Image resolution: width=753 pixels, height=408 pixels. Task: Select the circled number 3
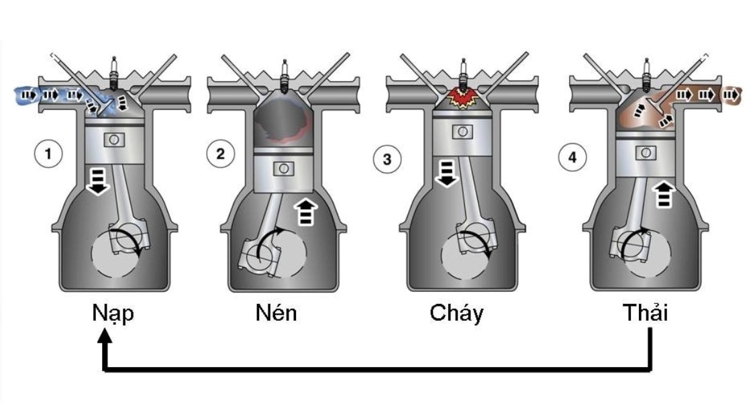pos(388,160)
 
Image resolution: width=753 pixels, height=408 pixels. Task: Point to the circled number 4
pos(572,158)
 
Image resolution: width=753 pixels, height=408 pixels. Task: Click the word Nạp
pos(113,314)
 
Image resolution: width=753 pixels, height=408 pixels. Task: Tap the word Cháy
pos(456,313)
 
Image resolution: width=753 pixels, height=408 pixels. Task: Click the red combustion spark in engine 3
pos(462,98)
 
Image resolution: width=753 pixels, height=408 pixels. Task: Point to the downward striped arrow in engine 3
pos(446,172)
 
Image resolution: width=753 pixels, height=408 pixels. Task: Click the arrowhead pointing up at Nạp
pos(105,343)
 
